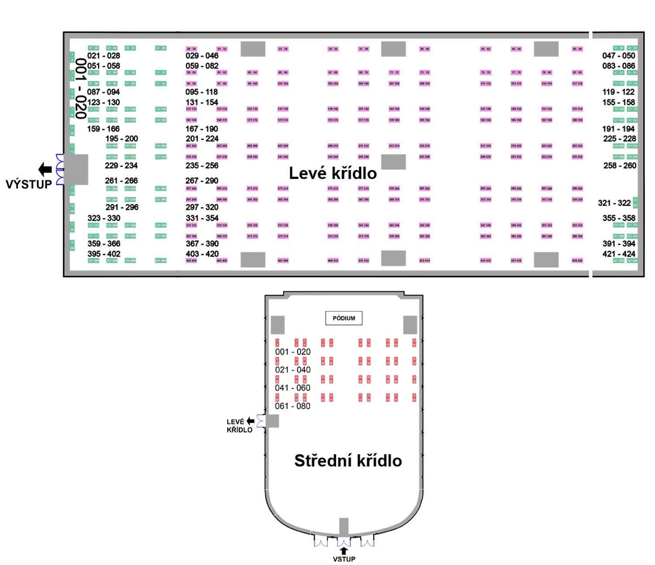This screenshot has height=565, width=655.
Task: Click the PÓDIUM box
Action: tap(344, 318)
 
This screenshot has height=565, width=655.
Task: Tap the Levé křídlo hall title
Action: tap(333, 173)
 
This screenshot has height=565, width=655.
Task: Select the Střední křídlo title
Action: tap(348, 461)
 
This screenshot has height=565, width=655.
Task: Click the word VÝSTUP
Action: tap(29, 184)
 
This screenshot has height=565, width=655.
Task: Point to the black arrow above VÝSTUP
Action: tap(45, 169)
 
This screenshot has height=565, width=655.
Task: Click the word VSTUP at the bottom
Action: tap(344, 559)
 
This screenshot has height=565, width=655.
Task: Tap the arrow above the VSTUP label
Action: tap(344, 551)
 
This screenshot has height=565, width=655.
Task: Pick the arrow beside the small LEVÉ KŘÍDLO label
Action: tap(250, 421)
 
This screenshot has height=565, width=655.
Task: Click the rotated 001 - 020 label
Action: tap(80, 89)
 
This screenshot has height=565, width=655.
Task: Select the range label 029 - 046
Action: tap(202, 55)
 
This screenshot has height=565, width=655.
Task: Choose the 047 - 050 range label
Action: tap(619, 55)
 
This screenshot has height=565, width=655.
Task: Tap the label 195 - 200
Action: tap(121, 139)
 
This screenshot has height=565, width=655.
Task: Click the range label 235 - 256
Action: tap(202, 165)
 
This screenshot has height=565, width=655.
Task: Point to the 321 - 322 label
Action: tap(614, 203)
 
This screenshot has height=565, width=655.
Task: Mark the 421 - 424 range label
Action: tap(619, 254)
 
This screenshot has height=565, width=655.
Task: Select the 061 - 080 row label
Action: tap(293, 406)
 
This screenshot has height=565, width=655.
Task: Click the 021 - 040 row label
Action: tap(293, 370)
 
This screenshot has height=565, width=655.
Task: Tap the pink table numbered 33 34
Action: tap(283, 49)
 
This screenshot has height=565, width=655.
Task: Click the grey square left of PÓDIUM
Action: tap(278, 325)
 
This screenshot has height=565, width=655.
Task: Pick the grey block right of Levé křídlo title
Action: tap(393, 162)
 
